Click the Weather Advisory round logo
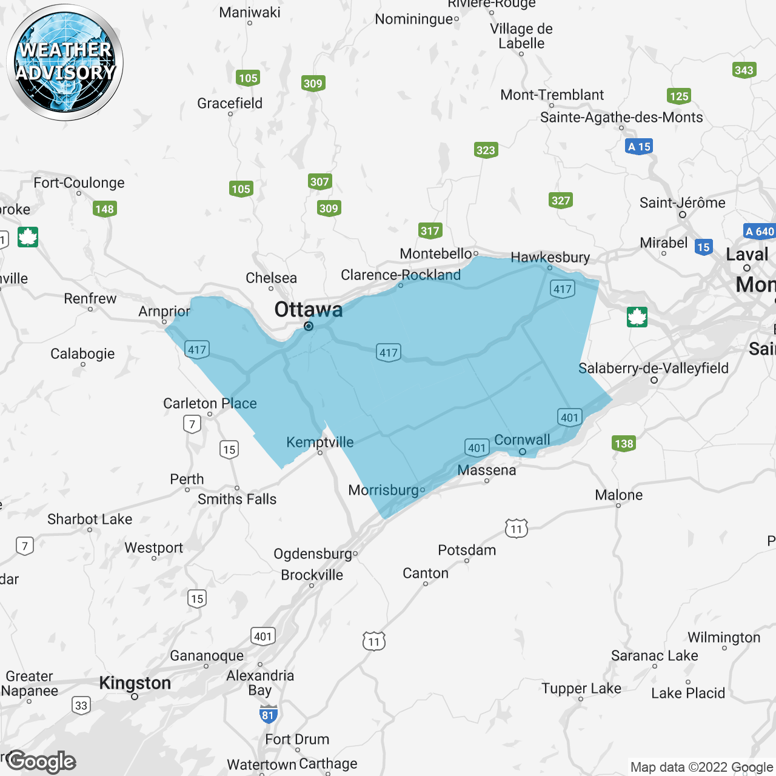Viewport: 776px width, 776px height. pyautogui.click(x=65, y=62)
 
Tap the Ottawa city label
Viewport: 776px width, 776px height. pyautogui.click(x=309, y=310)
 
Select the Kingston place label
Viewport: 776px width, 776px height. pyautogui.click(x=135, y=683)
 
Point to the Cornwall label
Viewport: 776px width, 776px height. pyautogui.click(x=522, y=440)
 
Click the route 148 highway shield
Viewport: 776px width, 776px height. pyautogui.click(x=105, y=209)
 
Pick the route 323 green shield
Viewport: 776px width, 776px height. pyautogui.click(x=486, y=150)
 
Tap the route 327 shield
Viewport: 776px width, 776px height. pyautogui.click(x=561, y=201)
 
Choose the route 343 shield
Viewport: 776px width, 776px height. pyautogui.click(x=744, y=70)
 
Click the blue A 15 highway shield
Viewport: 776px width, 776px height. pyautogui.click(x=639, y=147)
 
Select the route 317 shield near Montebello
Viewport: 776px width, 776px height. pyautogui.click(x=430, y=230)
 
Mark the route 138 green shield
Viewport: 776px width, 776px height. pyautogui.click(x=624, y=443)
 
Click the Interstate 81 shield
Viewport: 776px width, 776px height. pyautogui.click(x=268, y=715)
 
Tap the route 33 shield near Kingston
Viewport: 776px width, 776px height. pyautogui.click(x=81, y=705)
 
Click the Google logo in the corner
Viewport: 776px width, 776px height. pyautogui.click(x=41, y=761)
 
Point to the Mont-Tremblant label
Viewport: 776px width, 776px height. pyautogui.click(x=552, y=95)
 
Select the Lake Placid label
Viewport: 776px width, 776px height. pyautogui.click(x=688, y=693)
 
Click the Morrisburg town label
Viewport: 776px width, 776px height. pyautogui.click(x=383, y=490)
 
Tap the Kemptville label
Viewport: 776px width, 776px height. pyautogui.click(x=319, y=442)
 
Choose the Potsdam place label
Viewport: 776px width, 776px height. pyautogui.click(x=467, y=550)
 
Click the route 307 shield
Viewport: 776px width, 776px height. pyautogui.click(x=319, y=181)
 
